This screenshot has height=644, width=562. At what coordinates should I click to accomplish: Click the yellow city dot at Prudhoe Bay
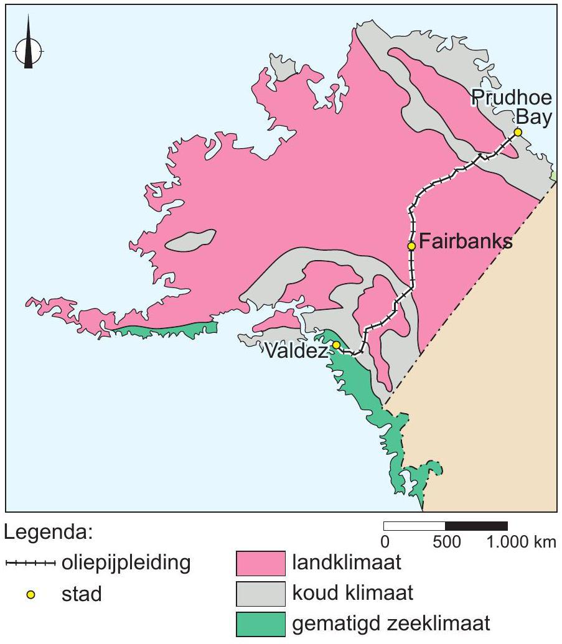[517, 132]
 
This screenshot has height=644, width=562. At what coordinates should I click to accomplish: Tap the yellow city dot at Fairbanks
[411, 246]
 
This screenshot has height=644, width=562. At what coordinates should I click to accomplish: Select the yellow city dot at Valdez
[336, 345]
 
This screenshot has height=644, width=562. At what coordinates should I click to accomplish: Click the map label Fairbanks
[466, 242]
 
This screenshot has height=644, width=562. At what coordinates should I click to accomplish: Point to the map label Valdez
[295, 352]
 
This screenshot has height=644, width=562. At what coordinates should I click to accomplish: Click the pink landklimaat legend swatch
[261, 564]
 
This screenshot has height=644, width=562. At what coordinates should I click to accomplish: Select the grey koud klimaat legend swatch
[261, 594]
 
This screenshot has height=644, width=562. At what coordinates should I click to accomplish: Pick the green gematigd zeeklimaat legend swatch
[261, 624]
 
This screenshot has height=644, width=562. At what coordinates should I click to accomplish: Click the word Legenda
[49, 533]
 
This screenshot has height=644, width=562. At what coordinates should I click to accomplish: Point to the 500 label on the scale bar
[446, 542]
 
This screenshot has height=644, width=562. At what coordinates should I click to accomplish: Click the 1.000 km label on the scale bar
[522, 542]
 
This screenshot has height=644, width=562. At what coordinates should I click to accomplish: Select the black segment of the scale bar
[476, 526]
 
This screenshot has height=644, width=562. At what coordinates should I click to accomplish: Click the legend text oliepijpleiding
[125, 564]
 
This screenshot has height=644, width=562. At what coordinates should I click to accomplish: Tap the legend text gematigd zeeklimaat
[391, 623]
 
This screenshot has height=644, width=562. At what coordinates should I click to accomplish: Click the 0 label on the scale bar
[385, 542]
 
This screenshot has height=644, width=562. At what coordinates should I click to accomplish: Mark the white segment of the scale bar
[414, 526]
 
